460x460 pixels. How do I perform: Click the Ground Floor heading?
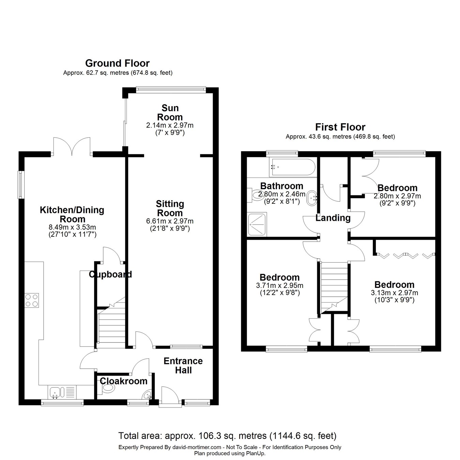117,63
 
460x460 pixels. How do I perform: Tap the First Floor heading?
340,127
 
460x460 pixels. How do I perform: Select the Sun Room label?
170,113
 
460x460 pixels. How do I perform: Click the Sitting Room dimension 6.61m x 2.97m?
170,221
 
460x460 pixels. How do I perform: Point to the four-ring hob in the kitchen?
32,300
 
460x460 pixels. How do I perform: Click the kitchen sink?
57,392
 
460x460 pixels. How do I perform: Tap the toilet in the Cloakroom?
107,389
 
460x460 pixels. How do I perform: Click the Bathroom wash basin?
312,198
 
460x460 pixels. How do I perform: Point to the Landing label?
333,218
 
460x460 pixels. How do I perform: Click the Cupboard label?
110,275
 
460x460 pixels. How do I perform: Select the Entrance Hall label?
183,366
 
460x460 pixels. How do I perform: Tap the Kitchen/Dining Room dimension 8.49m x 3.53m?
72,227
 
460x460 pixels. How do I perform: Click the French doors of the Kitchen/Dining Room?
72,146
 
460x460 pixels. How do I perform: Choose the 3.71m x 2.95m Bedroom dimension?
279,285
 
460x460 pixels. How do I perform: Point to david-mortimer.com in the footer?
197,447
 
